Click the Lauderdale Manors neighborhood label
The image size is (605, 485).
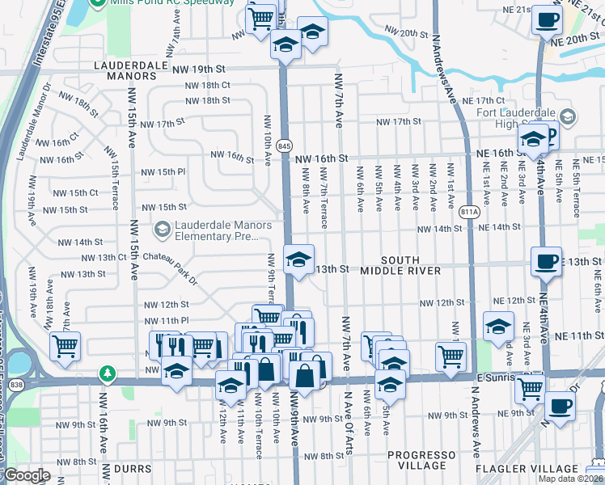[x=125, y=70]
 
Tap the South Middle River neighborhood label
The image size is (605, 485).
[x=400, y=264]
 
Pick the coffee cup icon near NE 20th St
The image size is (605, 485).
[x=547, y=20]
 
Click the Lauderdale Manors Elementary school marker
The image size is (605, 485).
[x=162, y=230]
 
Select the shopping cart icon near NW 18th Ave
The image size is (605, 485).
[x=65, y=347]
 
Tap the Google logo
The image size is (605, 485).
[x=27, y=475]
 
